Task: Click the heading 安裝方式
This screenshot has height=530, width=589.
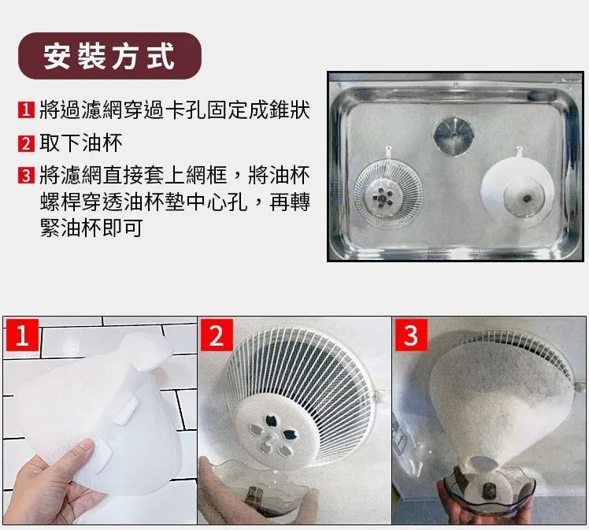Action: pos(109,56)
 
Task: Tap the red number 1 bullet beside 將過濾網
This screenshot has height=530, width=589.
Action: pos(26,110)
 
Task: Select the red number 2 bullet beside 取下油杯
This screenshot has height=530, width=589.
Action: pos(26,143)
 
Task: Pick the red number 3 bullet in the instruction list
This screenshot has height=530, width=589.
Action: pos(26,176)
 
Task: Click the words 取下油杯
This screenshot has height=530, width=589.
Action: pos(81,143)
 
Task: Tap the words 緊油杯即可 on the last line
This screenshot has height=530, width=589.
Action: pos(91,228)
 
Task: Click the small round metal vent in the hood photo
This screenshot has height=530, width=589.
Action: pos(454,135)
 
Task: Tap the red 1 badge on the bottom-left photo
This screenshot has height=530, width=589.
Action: pos(22,335)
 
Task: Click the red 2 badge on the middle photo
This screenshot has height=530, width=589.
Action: pos(217,335)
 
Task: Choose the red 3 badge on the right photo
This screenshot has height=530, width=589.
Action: pos(411,335)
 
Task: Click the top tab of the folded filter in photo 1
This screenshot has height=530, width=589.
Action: pos(146,350)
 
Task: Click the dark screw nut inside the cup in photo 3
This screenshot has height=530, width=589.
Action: pos(488,489)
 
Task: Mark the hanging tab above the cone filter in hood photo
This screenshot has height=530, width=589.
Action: pos(520,152)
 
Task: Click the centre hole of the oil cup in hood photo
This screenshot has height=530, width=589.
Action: pos(528,198)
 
